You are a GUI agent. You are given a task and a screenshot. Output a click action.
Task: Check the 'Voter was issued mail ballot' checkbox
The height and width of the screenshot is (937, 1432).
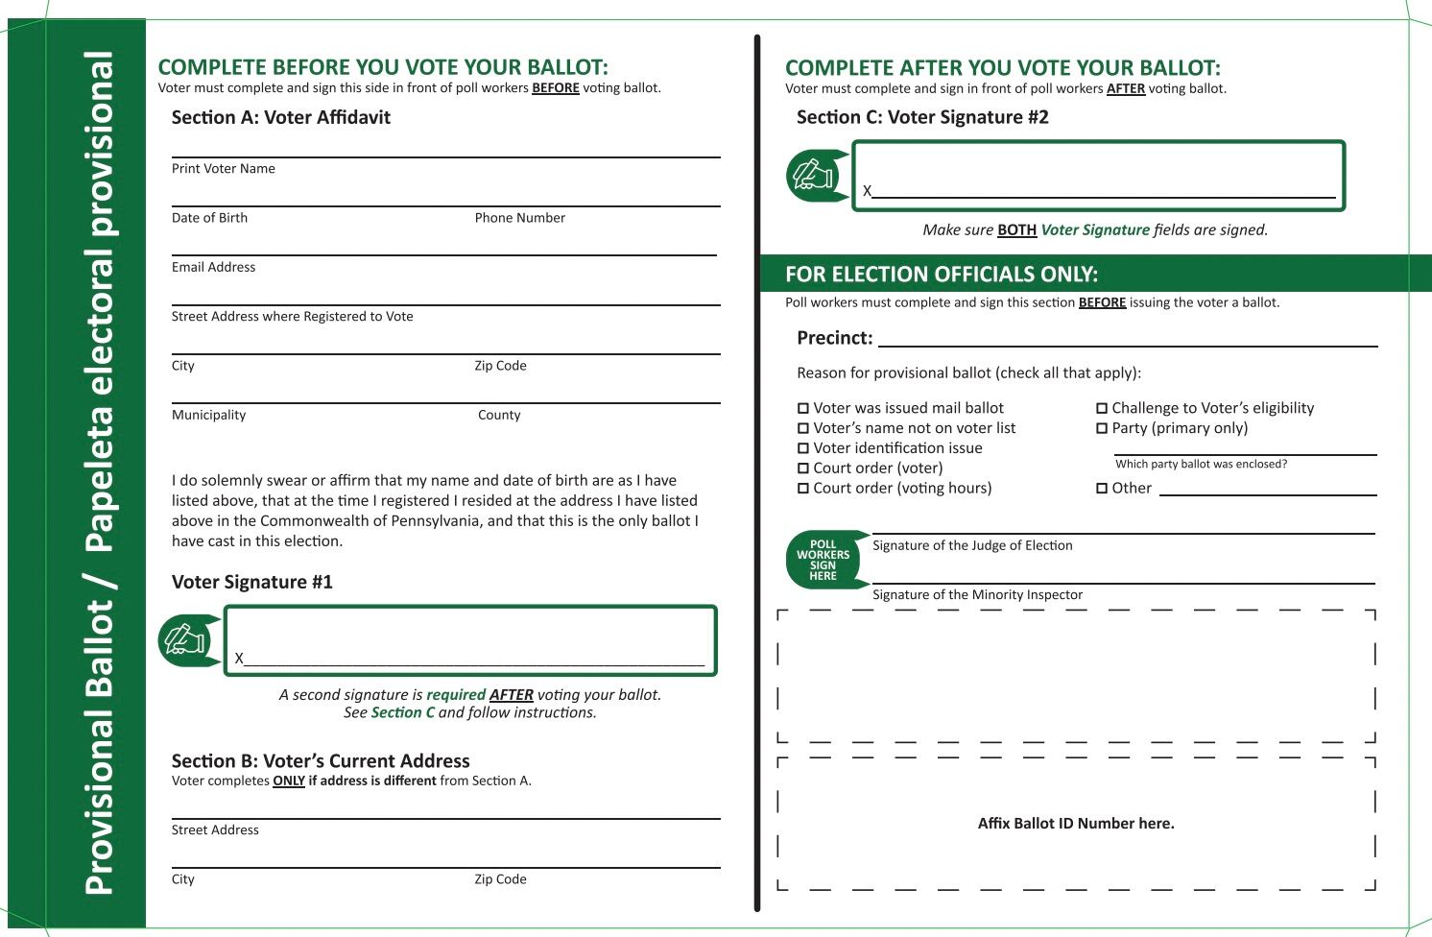[803, 409]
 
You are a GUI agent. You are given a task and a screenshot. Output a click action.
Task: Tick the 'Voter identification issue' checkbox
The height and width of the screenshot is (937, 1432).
[803, 448]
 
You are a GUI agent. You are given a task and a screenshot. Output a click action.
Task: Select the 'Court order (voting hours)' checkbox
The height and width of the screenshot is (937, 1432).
[803, 489]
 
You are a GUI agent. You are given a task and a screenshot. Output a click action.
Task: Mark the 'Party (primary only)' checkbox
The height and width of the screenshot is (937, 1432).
[1102, 429]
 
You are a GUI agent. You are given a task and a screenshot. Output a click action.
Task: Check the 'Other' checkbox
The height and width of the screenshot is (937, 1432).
[1102, 489]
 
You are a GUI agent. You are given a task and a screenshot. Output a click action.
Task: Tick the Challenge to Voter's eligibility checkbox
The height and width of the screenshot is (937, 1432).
[1102, 409]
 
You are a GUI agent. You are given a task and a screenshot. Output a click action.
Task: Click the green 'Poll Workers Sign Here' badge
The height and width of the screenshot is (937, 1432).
[823, 560]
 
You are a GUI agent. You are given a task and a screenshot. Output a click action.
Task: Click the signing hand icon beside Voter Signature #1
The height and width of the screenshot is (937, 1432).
[184, 640]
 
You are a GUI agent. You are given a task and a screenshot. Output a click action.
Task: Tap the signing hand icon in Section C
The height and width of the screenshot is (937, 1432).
[813, 176]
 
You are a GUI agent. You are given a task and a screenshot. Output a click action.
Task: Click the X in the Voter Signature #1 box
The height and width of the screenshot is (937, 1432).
[239, 659]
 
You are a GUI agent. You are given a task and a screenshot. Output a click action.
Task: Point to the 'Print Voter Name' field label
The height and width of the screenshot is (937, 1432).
[224, 169]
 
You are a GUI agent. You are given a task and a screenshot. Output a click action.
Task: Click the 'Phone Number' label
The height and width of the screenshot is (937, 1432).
[519, 218]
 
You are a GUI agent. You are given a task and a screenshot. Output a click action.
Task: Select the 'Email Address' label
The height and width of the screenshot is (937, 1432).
[213, 268]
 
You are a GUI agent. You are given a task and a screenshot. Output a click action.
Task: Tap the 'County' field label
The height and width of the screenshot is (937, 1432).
[499, 416]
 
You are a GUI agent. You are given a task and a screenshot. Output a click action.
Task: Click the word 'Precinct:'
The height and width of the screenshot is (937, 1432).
[834, 338]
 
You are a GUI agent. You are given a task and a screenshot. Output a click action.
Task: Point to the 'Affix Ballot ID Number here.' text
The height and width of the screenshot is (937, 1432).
[1076, 824]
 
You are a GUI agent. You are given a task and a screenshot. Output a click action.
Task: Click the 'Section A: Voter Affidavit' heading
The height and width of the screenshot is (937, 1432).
[280, 118]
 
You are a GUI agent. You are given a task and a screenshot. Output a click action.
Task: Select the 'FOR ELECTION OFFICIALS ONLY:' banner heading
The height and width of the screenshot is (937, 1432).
[942, 275]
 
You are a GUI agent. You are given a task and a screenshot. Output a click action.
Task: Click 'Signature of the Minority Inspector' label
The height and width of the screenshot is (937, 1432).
[977, 595]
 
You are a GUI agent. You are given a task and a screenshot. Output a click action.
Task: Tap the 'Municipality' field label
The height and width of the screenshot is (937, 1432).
[208, 416]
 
